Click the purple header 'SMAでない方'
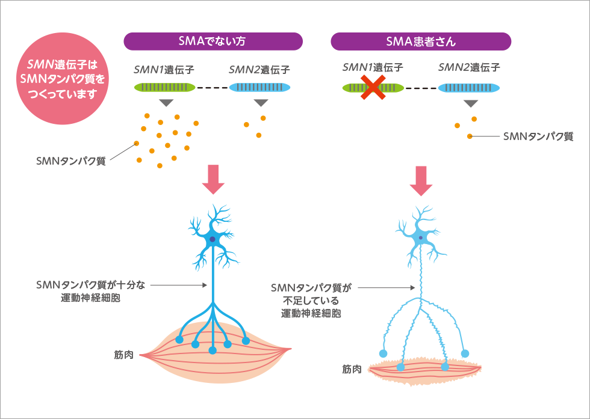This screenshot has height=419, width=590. [213, 41]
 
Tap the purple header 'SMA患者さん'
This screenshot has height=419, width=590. [421, 41]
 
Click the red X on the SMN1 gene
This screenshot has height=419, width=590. [373, 88]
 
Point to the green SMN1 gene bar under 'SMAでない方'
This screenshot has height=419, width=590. [164, 88]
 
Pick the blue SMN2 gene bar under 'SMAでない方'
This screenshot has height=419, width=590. [260, 88]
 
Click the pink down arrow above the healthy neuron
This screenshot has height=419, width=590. [213, 179]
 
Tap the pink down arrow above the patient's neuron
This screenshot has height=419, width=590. [421, 180]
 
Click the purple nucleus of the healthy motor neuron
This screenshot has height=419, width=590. [213, 239]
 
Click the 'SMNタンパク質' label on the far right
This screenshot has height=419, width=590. [538, 137]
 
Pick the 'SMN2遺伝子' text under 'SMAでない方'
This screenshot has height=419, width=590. [259, 70]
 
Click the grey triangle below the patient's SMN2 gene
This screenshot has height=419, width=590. [470, 103]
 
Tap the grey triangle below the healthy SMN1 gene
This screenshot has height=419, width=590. [164, 103]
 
